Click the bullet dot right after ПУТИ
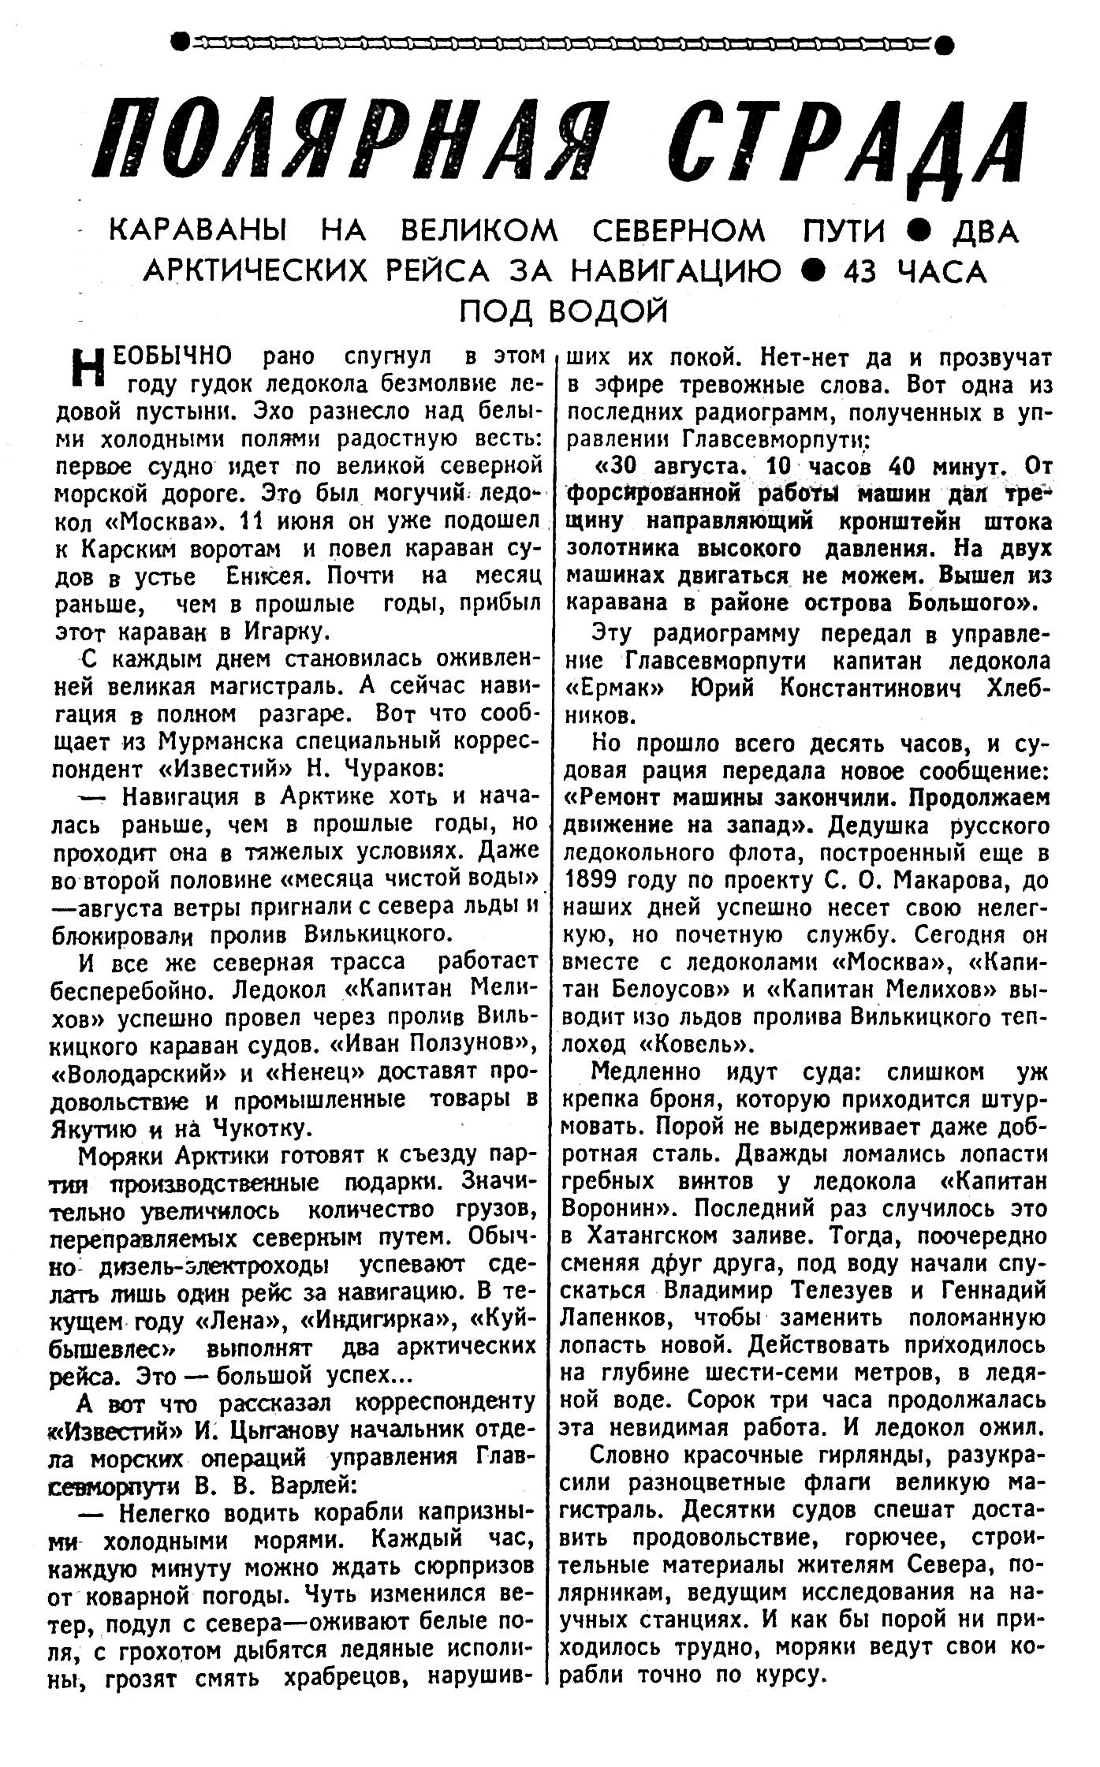915,231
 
